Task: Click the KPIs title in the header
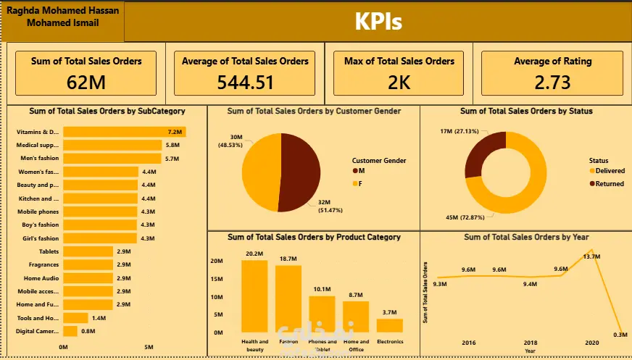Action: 378,22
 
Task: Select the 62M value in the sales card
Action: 86,82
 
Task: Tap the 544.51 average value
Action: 246,82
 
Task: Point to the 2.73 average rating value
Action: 552,82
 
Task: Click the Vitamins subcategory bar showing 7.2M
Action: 123,132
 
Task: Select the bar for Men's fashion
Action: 112,158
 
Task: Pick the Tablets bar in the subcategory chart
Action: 87,251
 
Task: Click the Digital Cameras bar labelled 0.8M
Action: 70,331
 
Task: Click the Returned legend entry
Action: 605,183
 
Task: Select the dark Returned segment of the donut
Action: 479,154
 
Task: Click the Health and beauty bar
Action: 254,296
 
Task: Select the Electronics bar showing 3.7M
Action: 389,326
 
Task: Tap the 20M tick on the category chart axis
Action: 217,261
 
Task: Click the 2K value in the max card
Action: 399,82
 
